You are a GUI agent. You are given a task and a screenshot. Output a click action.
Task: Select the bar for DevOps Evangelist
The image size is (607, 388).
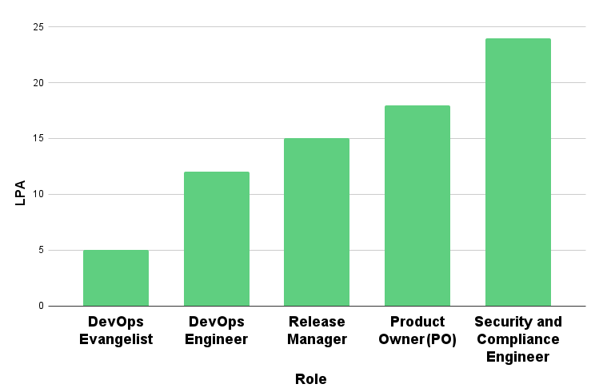(116, 278)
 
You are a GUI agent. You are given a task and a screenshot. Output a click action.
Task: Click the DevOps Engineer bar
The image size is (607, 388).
(216, 239)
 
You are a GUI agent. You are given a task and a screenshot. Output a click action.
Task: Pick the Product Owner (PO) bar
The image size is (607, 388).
(417, 205)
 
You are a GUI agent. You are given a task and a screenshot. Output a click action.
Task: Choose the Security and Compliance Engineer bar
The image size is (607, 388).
(517, 172)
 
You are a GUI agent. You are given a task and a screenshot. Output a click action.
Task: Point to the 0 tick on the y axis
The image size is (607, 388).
(40, 306)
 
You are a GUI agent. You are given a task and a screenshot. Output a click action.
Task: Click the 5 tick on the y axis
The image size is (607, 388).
(40, 250)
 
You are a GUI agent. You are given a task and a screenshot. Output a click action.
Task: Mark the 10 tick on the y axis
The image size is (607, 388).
(37, 194)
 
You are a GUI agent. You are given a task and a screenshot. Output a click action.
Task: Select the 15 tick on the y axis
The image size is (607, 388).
(37, 138)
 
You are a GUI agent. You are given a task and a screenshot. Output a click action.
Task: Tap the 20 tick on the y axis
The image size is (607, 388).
(37, 82)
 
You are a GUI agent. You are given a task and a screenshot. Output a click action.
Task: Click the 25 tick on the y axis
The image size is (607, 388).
(37, 27)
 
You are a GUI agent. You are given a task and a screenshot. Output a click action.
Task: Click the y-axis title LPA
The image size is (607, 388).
(21, 192)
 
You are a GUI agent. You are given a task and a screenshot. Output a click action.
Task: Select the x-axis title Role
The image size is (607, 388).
(311, 378)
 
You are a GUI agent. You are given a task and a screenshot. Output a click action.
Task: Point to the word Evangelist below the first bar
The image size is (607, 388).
(116, 339)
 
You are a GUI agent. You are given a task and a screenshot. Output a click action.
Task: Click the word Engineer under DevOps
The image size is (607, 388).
(216, 339)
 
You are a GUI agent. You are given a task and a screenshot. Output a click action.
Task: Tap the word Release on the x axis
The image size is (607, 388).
(317, 322)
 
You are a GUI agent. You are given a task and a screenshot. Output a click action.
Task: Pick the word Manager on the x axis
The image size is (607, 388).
(317, 339)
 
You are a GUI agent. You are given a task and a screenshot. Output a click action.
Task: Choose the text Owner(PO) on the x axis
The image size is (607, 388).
(417, 339)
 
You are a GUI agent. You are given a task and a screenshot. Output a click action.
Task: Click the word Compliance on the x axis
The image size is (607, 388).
(518, 339)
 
